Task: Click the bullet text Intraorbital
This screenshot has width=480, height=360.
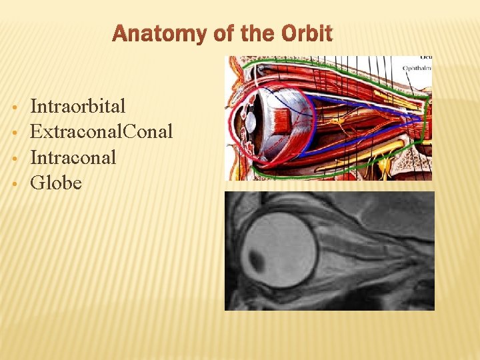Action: (78, 106)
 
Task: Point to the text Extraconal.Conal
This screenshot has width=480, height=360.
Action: (101, 131)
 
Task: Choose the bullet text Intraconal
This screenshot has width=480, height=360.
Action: (73, 157)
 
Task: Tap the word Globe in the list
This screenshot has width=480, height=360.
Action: (56, 183)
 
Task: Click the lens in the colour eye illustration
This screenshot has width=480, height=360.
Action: (250, 122)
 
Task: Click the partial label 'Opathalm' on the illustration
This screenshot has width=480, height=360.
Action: (416, 67)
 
